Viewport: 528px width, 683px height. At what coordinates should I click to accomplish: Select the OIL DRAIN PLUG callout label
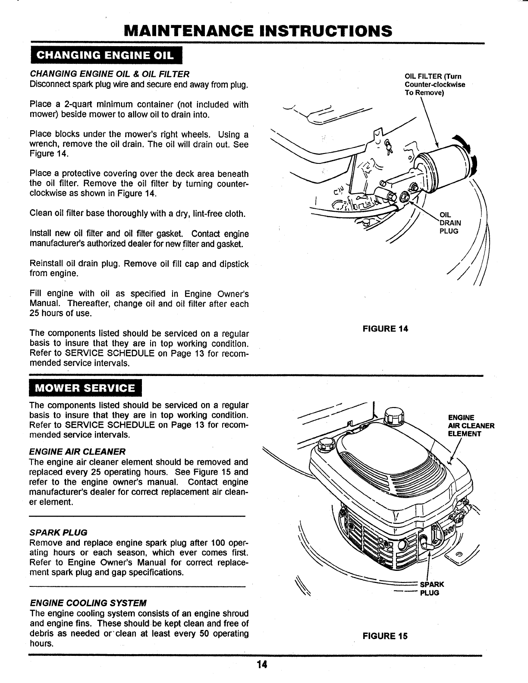click(x=449, y=223)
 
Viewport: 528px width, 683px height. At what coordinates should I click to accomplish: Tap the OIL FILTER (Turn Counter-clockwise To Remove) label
click(x=434, y=85)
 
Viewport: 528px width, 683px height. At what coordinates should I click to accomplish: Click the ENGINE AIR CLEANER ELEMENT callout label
click(x=470, y=426)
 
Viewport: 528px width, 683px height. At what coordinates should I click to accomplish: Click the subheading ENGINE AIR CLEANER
click(x=77, y=451)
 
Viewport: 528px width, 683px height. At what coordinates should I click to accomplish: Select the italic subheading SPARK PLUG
click(x=58, y=532)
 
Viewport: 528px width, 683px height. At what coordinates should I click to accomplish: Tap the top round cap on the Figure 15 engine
click(x=394, y=416)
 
